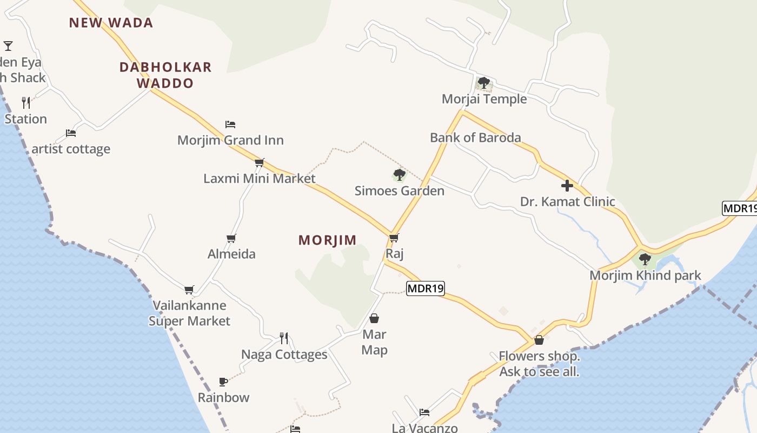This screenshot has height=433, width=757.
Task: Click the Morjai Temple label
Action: (484, 99)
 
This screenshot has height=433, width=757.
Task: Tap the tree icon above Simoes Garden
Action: (399, 175)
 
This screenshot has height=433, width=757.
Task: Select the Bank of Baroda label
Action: (475, 137)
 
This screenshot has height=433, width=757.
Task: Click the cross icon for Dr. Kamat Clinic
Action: (567, 186)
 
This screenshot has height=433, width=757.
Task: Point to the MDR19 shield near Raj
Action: (425, 288)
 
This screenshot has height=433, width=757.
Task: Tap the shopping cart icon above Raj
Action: (394, 238)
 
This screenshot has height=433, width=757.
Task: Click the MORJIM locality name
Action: (328, 240)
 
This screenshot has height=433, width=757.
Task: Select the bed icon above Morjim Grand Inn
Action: (230, 124)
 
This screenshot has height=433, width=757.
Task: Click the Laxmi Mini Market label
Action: (260, 178)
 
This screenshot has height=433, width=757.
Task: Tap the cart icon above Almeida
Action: (231, 238)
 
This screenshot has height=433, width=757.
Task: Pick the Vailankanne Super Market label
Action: (189, 313)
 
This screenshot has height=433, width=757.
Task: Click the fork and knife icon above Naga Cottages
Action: (284, 338)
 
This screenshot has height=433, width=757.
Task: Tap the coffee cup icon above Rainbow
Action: (223, 382)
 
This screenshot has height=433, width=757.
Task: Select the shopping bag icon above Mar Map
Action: (374, 318)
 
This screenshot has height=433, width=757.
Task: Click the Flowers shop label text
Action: (539, 364)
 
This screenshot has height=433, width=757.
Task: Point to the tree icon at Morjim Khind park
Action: (645, 259)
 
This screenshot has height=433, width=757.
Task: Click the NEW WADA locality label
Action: (111, 23)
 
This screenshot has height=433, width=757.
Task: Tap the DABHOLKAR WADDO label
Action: (165, 75)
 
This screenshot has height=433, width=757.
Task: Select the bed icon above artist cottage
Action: (70, 133)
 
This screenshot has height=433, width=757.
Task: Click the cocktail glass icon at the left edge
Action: (8, 45)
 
